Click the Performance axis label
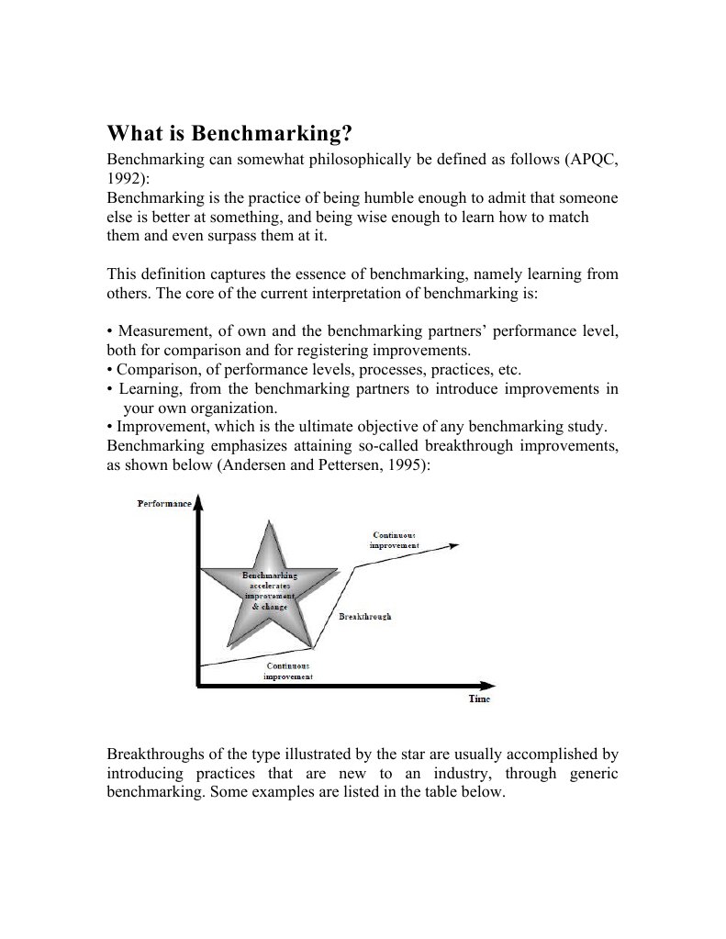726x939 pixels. (x=164, y=503)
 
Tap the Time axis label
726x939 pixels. (x=479, y=699)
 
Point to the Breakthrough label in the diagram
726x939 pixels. (x=364, y=617)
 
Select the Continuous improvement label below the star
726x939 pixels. (x=288, y=671)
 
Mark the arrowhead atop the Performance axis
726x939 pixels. (x=197, y=501)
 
